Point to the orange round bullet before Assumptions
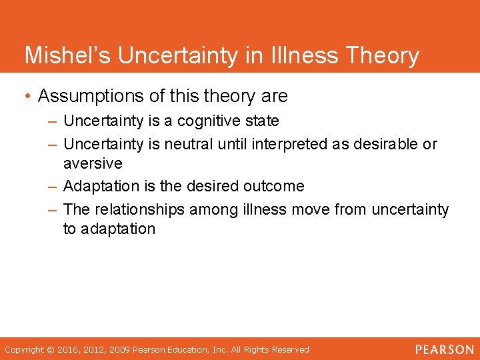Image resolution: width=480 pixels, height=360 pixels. (x=27, y=97)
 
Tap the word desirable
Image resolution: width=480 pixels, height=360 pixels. (x=385, y=144)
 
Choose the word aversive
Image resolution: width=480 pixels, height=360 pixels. (x=93, y=163)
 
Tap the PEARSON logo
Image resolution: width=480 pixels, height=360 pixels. (x=444, y=349)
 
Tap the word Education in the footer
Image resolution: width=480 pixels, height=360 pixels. (x=200, y=349)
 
